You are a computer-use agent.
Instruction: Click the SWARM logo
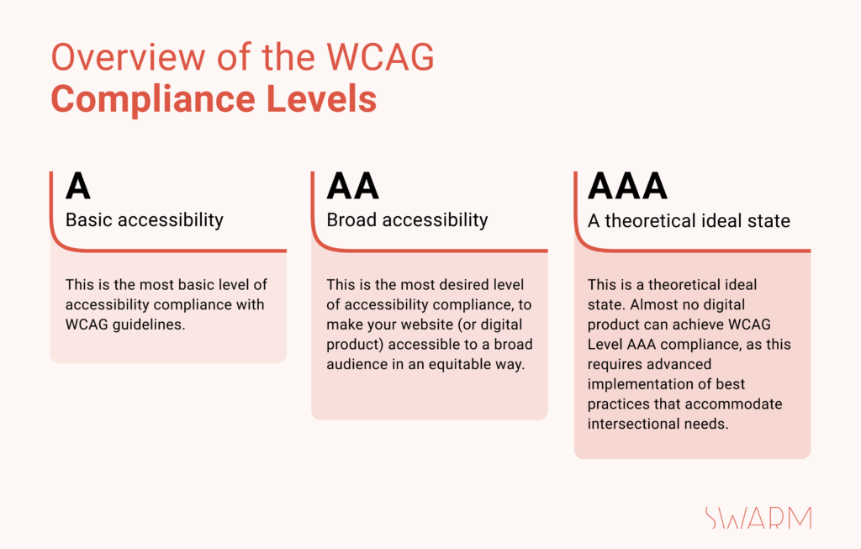point(758,518)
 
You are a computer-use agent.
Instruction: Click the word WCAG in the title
point(380,56)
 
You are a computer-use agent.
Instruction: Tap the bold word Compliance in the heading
point(153,100)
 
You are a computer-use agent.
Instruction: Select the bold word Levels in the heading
point(322,99)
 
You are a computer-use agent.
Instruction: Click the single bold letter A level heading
point(78,186)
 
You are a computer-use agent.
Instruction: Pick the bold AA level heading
point(352,186)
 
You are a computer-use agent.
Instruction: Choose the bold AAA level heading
point(627,186)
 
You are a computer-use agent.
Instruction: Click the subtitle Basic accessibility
point(145,220)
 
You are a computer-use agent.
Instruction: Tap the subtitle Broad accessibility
point(407,220)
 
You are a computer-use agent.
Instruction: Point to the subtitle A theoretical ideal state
point(689,221)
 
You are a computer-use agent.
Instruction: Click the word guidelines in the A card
point(149,325)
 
